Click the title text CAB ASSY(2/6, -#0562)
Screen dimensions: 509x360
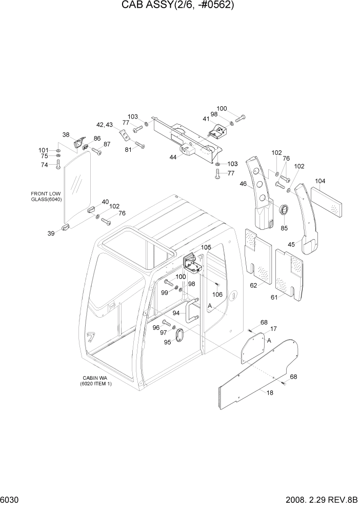pyautogui.click(x=180, y=6)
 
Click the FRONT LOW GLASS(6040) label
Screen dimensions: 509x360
pyautogui.click(x=46, y=197)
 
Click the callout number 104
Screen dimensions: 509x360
pyautogui.click(x=321, y=181)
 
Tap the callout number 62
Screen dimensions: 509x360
pyautogui.click(x=253, y=286)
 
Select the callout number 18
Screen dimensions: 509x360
pyautogui.click(x=269, y=393)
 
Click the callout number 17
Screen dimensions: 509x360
pyautogui.click(x=273, y=328)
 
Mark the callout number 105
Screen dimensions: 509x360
pyautogui.click(x=206, y=247)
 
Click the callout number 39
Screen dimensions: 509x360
pyautogui.click(x=51, y=233)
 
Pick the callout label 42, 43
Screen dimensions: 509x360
pyautogui.click(x=104, y=124)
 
